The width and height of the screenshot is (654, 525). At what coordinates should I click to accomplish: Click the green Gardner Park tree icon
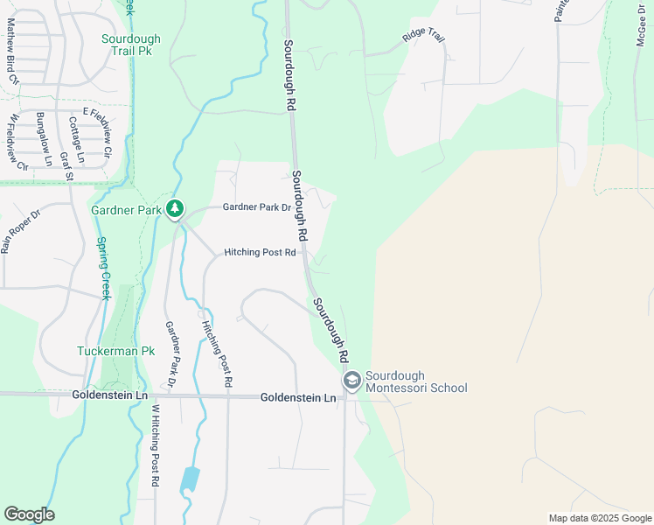pyautogui.click(x=176, y=208)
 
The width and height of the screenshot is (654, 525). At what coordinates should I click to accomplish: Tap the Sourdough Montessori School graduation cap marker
pyautogui.click(x=351, y=381)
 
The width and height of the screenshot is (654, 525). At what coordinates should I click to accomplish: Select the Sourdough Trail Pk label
pyautogui.click(x=131, y=45)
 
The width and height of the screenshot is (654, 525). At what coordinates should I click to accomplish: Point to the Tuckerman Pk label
pyautogui.click(x=115, y=351)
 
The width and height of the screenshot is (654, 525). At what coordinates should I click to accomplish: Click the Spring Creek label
pyautogui.click(x=102, y=269)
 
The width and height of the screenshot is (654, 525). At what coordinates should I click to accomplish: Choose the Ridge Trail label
pyautogui.click(x=424, y=36)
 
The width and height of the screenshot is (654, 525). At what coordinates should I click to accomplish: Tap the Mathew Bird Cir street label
pyautogui.click(x=12, y=52)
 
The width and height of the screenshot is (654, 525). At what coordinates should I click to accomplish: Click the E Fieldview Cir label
pyautogui.click(x=98, y=127)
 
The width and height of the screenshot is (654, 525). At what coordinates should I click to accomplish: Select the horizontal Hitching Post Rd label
pyautogui.click(x=260, y=252)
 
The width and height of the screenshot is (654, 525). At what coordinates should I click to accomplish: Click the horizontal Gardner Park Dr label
pyautogui.click(x=256, y=207)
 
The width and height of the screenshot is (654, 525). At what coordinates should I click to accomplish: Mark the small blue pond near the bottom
pyautogui.click(x=190, y=479)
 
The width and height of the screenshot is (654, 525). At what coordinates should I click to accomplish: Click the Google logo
pyautogui.click(x=29, y=514)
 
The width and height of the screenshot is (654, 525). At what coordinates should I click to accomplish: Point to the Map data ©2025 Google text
pyautogui.click(x=599, y=518)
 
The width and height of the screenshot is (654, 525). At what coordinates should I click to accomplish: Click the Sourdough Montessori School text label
pyautogui.click(x=416, y=381)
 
